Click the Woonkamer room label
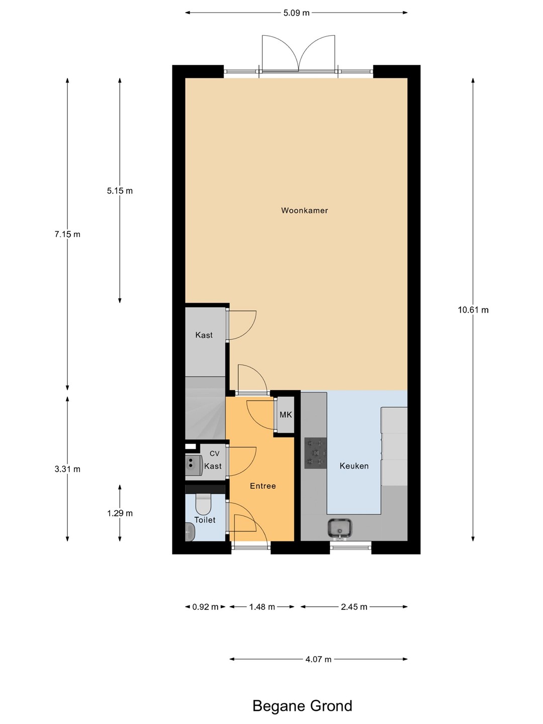(304, 211)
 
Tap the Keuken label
(354, 466)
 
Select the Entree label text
(263, 486)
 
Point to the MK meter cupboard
(286, 415)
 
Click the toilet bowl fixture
(203, 504)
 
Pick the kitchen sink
(339, 528)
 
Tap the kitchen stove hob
(316, 453)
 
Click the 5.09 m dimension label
(297, 13)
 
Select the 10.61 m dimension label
(473, 310)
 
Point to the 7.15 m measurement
(67, 234)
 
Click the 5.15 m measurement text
(120, 191)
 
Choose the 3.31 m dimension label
(67, 469)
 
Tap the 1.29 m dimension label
(120, 513)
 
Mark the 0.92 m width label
(206, 607)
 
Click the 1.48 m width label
(262, 607)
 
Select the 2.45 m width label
(354, 607)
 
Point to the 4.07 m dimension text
(318, 659)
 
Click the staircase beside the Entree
(206, 408)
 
